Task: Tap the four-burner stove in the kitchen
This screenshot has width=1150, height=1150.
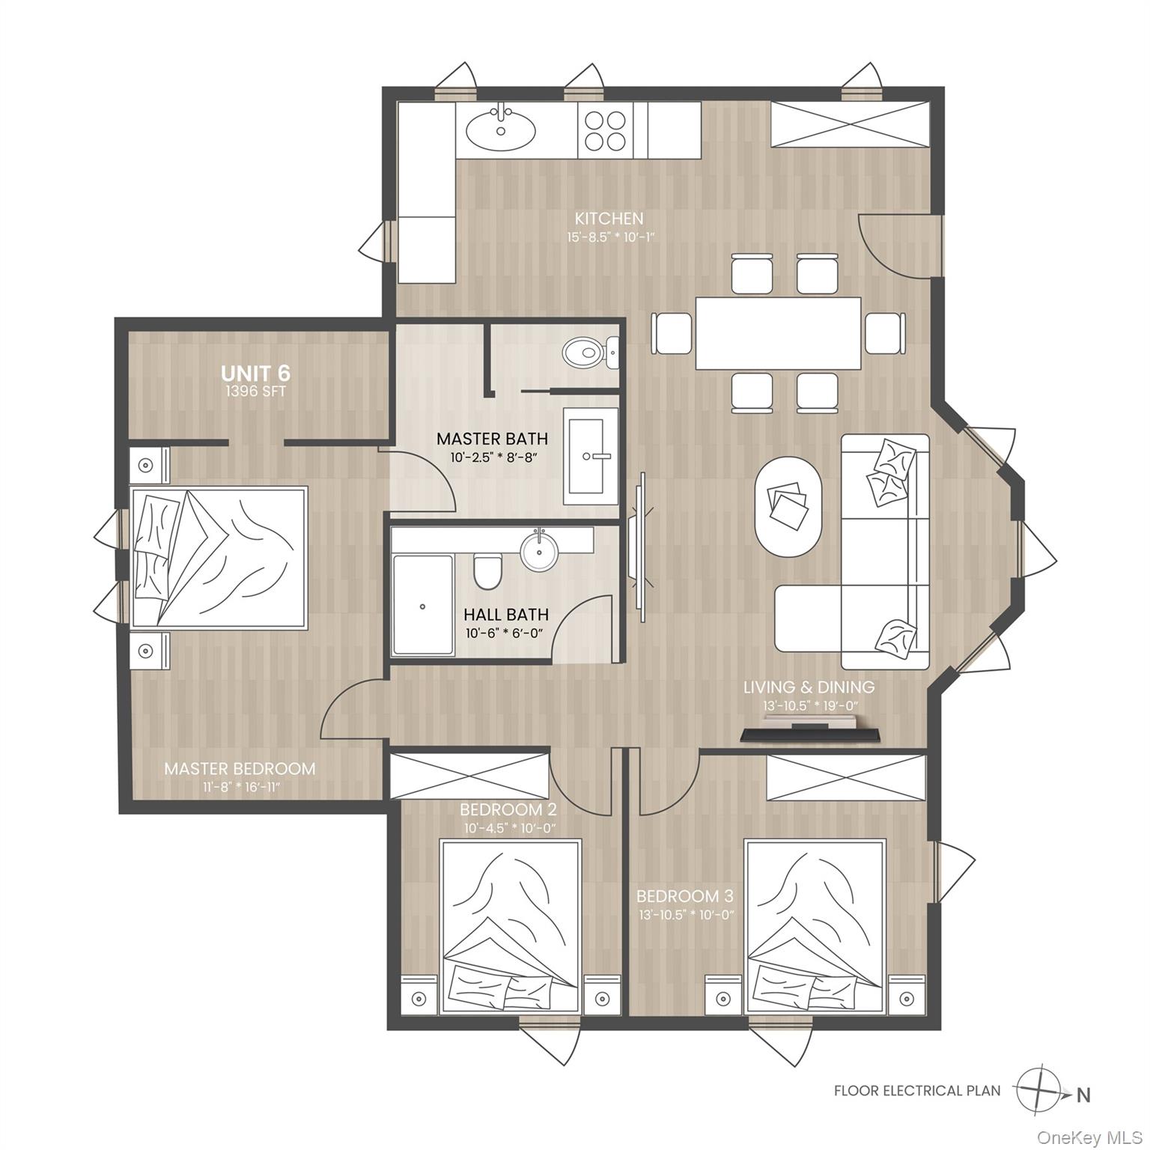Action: click(x=605, y=130)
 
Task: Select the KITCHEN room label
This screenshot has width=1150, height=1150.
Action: click(x=609, y=219)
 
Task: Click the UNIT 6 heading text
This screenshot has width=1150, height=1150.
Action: click(x=255, y=373)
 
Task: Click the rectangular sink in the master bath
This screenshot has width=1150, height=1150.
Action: click(x=591, y=455)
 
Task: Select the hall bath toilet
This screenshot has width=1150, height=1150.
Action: click(x=487, y=572)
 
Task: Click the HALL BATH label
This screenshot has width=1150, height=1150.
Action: click(x=505, y=614)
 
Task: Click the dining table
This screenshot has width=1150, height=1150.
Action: click(x=777, y=333)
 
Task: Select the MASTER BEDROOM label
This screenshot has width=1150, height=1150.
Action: click(x=240, y=768)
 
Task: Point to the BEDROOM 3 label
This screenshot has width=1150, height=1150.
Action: click(x=684, y=896)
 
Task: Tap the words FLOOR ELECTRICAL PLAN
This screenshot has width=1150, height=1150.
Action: click(x=916, y=1090)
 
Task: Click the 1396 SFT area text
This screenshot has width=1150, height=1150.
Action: click(x=255, y=392)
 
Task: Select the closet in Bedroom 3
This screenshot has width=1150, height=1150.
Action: click(x=846, y=777)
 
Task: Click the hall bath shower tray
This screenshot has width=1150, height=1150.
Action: click(x=423, y=605)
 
